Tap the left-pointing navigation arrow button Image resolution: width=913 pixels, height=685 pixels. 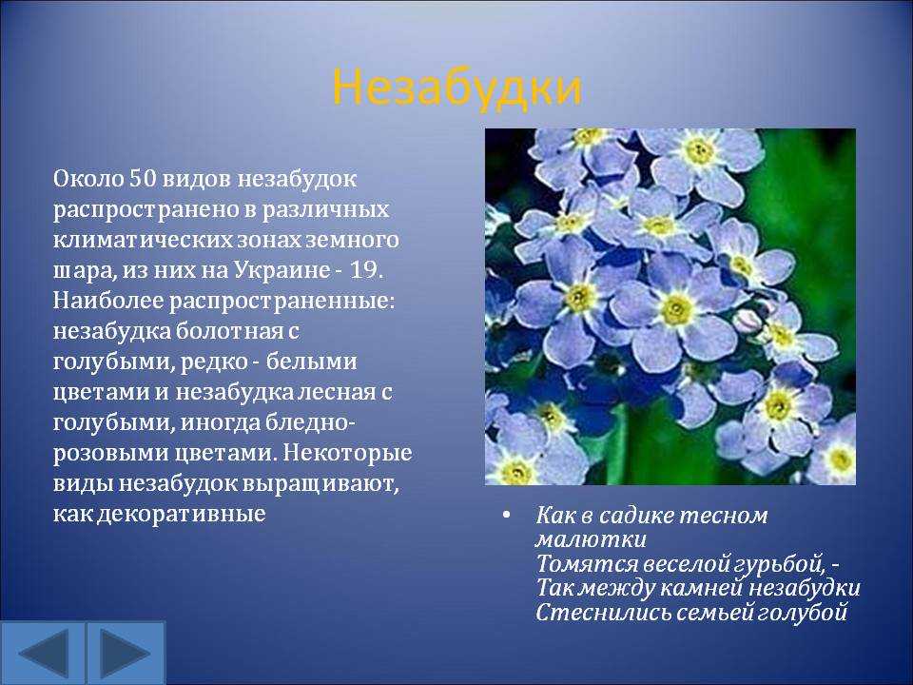click(x=43, y=653)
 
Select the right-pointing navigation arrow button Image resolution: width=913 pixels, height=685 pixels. click(x=126, y=653)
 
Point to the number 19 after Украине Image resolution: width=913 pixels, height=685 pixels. click(x=364, y=270)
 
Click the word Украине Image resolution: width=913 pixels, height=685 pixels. click(x=282, y=270)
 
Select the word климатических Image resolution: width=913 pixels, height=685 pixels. click(x=142, y=240)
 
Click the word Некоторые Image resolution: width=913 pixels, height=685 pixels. click(x=348, y=453)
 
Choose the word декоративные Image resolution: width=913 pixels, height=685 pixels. click(x=181, y=515)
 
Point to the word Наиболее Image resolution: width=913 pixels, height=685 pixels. click(x=108, y=302)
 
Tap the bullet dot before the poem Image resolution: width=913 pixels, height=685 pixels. click(x=507, y=515)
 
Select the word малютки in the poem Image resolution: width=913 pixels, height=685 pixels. click(x=591, y=540)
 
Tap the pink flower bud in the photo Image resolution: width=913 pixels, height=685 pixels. click(x=747, y=321)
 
